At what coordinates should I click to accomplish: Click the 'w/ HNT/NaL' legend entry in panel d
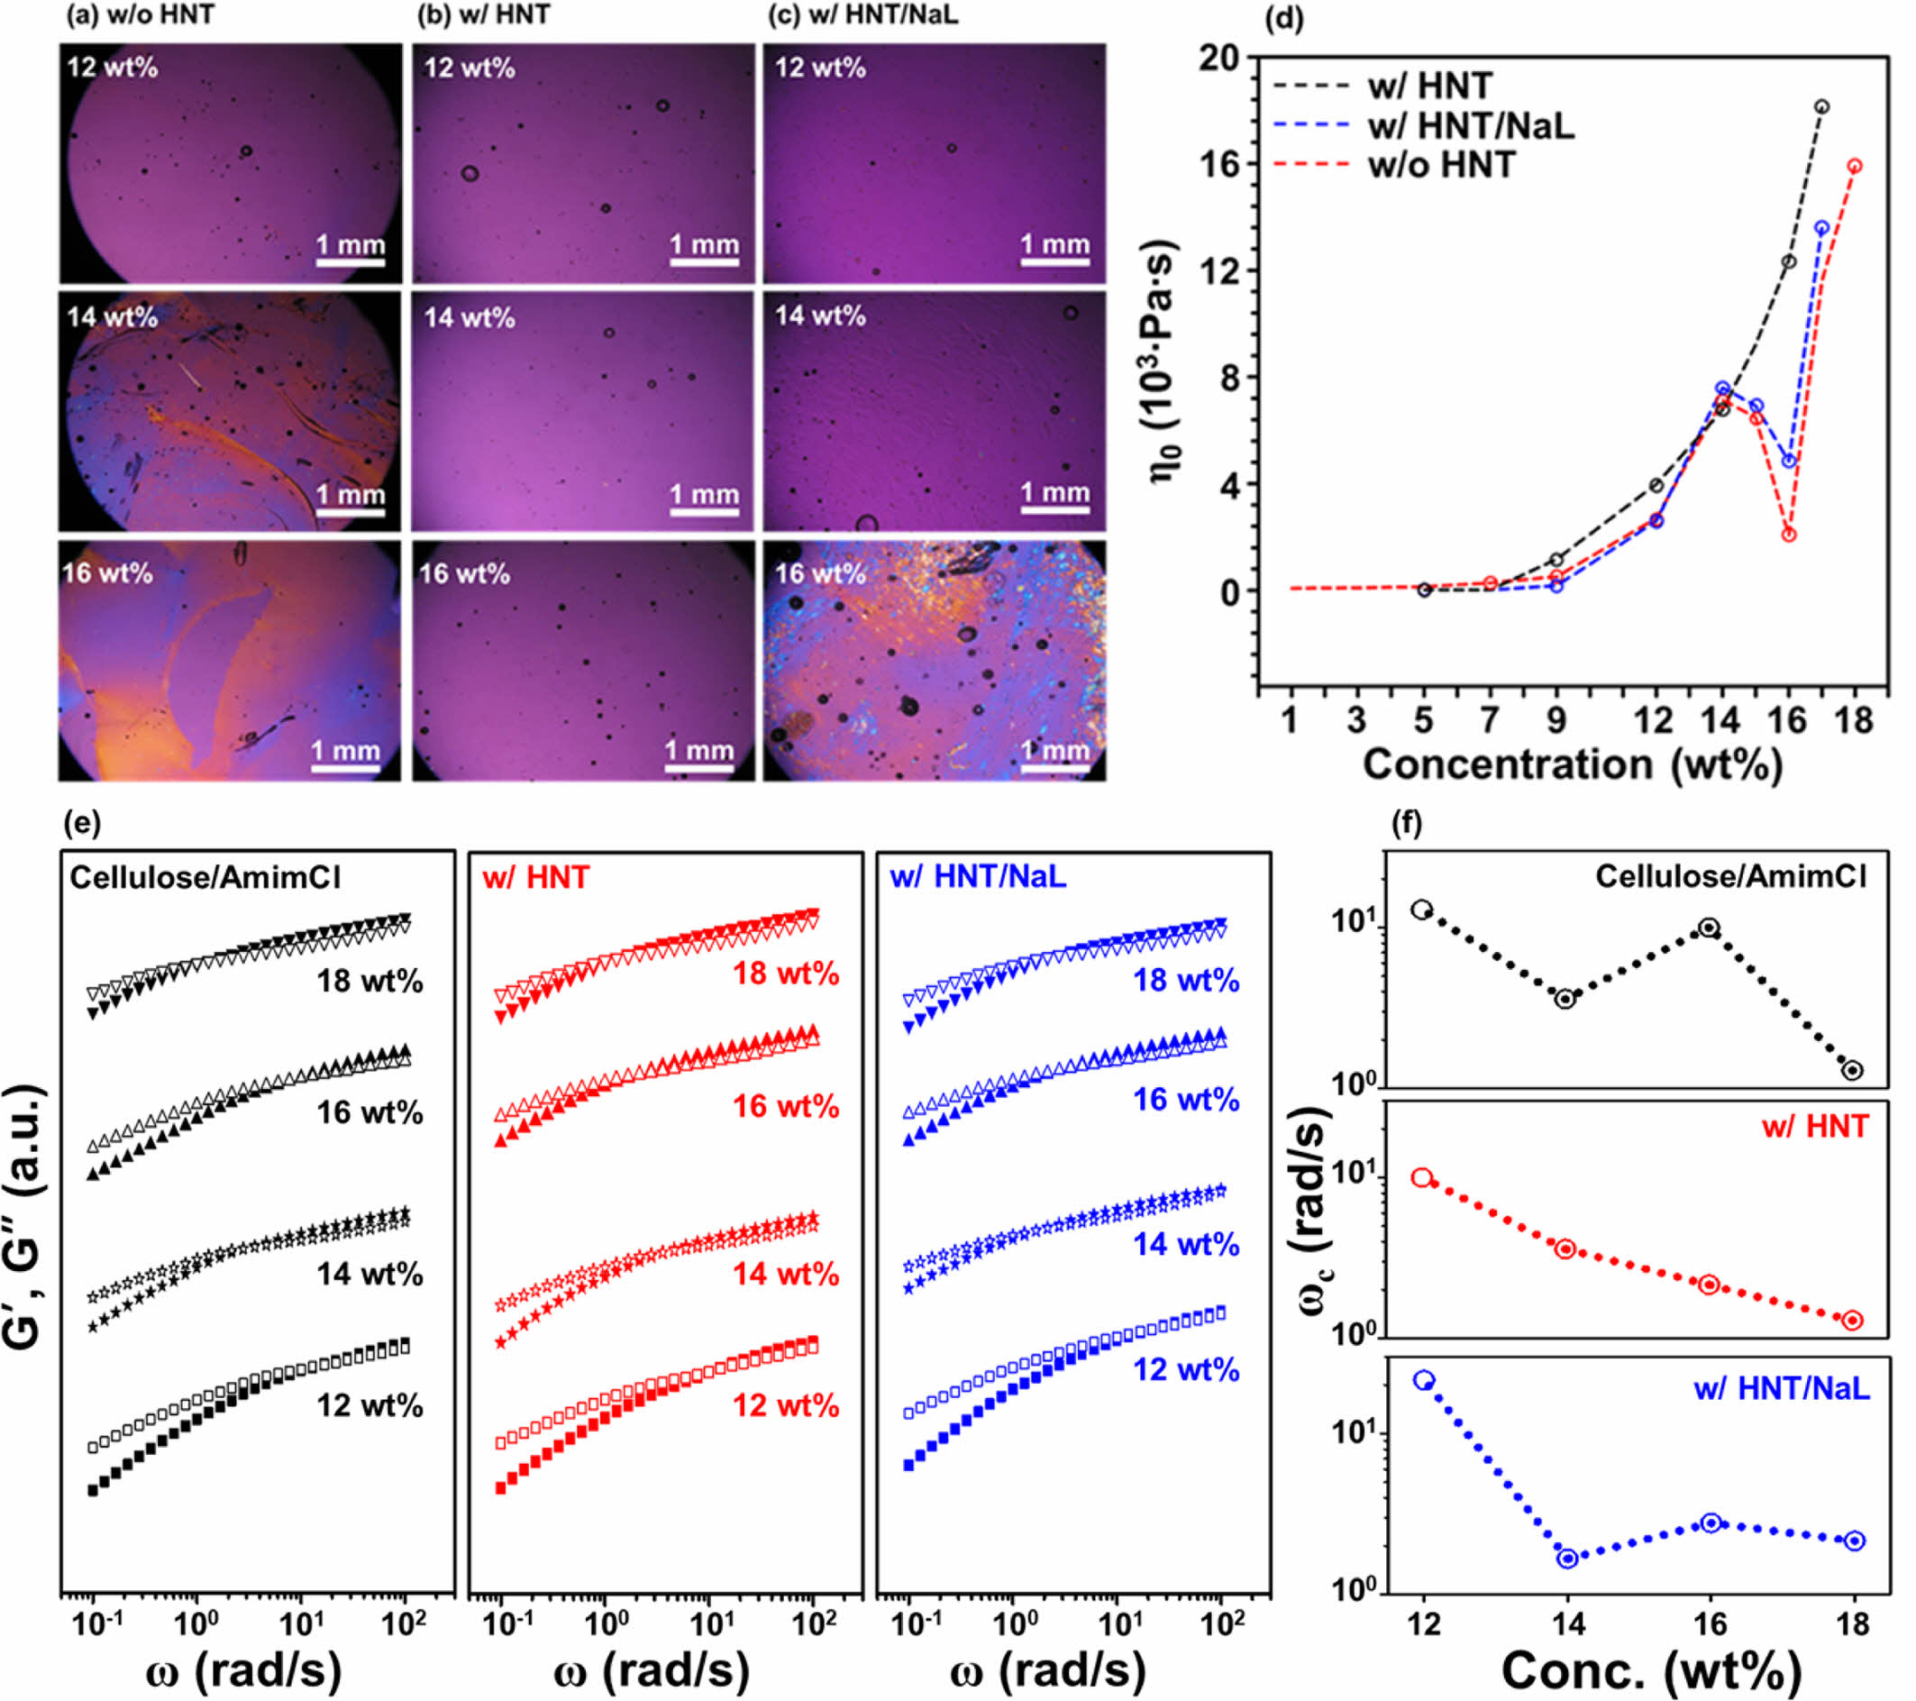[1470, 124]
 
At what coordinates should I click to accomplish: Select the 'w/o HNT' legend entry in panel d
[1441, 165]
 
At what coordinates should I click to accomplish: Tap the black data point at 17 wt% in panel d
[1821, 107]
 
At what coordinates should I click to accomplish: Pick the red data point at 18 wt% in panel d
[1854, 166]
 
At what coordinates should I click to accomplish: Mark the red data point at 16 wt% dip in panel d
[1789, 535]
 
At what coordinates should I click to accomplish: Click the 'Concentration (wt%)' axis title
[1572, 765]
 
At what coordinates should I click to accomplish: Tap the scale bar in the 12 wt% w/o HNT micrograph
[350, 261]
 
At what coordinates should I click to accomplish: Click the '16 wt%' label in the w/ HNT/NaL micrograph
[820, 573]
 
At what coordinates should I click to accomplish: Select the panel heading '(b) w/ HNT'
[484, 15]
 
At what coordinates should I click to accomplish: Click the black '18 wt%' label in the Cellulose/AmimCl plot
[370, 982]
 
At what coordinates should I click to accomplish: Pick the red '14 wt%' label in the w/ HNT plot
[786, 1275]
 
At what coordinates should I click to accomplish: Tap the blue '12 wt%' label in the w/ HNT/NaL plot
[1186, 1370]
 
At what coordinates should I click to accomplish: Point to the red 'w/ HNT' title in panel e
[536, 878]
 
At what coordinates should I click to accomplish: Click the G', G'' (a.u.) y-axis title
[23, 1217]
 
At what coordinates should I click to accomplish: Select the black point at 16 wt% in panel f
[1710, 928]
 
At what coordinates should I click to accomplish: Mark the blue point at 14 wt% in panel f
[1567, 1559]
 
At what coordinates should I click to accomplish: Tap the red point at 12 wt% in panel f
[1423, 1179]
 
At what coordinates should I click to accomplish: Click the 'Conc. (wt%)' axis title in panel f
[1651, 1670]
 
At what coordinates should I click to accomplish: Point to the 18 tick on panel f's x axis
[1853, 1623]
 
